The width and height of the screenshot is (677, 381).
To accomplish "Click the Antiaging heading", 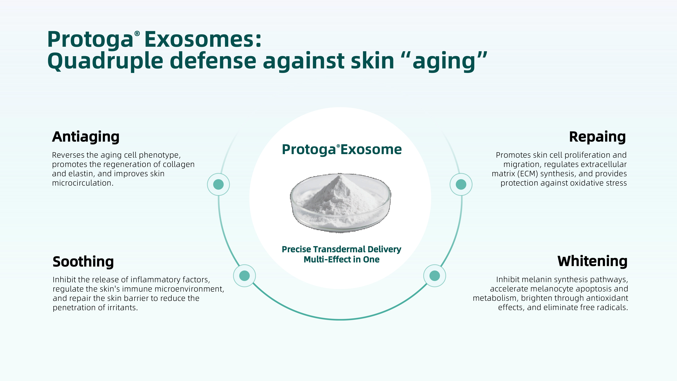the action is click(86, 137).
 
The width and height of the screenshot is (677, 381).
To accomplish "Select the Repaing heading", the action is click(597, 137).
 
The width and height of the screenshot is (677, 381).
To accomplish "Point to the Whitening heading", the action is click(592, 261).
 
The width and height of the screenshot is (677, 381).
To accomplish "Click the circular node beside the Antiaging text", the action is click(218, 184).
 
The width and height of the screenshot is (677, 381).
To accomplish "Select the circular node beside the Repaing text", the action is click(461, 184).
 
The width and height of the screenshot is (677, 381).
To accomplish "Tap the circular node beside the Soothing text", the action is click(244, 276).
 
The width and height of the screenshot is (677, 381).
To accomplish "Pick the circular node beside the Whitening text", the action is click(435, 276).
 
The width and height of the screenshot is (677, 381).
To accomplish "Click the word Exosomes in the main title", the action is click(203, 39).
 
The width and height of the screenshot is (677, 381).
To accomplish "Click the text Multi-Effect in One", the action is click(341, 260).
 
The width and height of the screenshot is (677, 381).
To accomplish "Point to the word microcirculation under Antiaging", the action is click(83, 183).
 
